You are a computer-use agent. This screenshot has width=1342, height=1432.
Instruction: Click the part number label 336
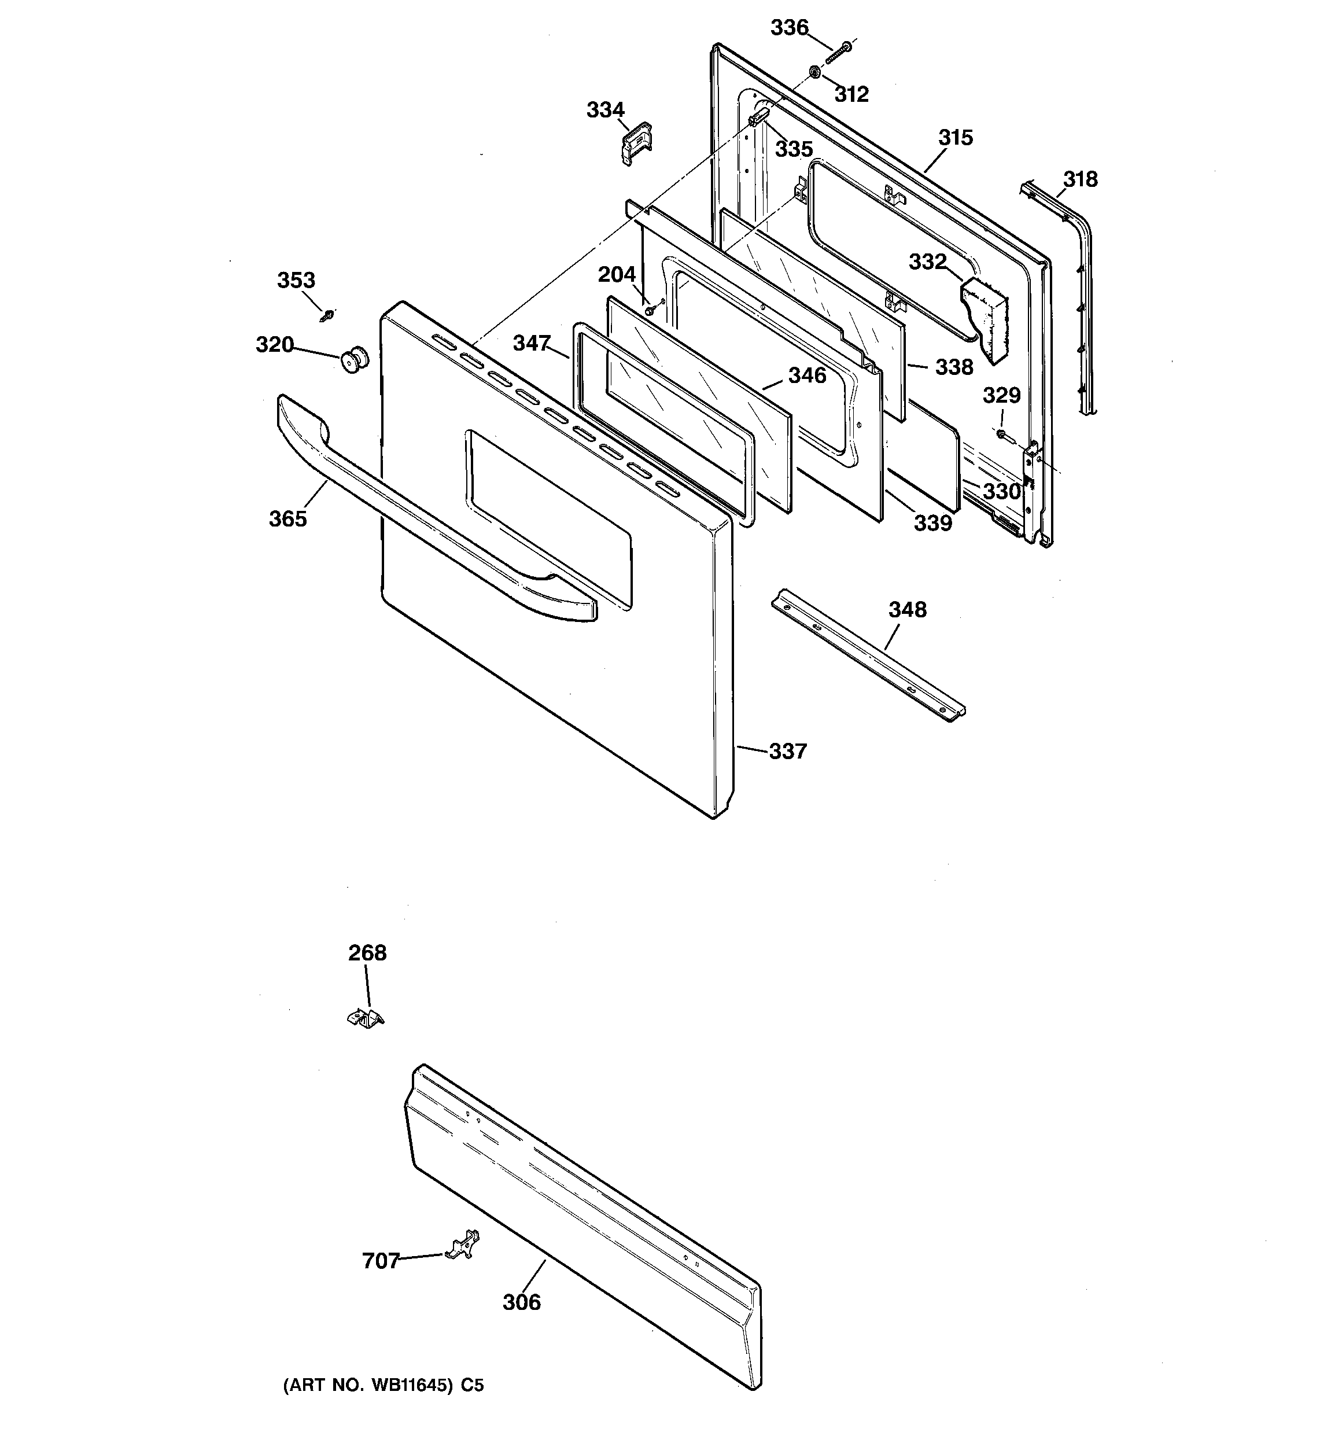pos(790,28)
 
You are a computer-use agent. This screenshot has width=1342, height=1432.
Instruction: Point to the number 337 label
pos(787,752)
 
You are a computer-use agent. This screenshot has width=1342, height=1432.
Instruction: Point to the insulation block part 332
pos(987,318)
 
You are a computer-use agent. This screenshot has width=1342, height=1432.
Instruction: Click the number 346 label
pos(807,376)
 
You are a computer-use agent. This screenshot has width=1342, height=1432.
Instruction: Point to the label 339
pos(933,523)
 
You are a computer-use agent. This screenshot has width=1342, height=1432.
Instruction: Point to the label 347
pos(532,344)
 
